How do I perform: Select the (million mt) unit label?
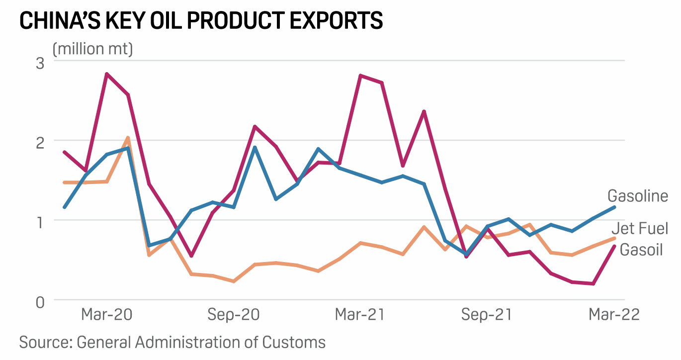pyautogui.click(x=92, y=49)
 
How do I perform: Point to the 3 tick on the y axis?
pyautogui.click(x=40, y=63)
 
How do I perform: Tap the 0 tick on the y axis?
pyautogui.click(x=40, y=301)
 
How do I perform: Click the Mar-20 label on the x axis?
pyautogui.click(x=106, y=315)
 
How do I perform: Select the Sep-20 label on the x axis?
pyautogui.click(x=233, y=315)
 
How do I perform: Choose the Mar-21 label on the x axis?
pyautogui.click(x=360, y=315)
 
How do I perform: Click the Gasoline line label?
pyautogui.click(x=638, y=196)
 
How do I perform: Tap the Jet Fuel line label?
pyautogui.click(x=639, y=229)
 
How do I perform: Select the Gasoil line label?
pyautogui.click(x=641, y=250)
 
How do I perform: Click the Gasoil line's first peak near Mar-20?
pyautogui.click(x=106, y=74)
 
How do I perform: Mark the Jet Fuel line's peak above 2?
pyautogui.click(x=128, y=138)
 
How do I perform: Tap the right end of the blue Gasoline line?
pyautogui.click(x=614, y=207)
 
